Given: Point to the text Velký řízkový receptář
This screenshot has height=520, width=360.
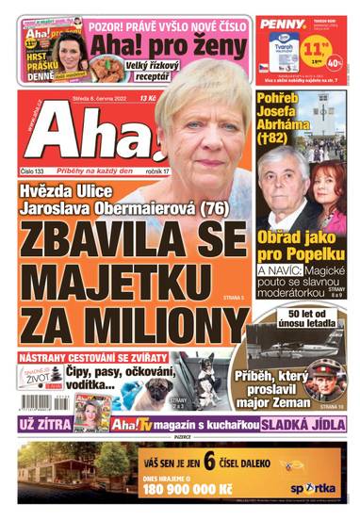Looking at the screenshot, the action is [152, 70].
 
